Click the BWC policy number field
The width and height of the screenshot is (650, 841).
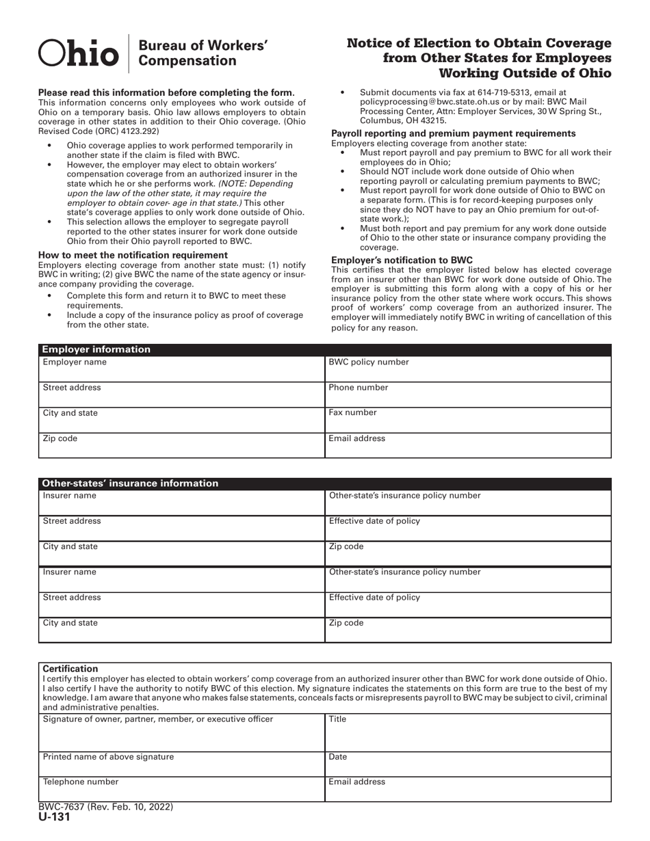tap(468, 369)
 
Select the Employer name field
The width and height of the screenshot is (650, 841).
tap(181, 369)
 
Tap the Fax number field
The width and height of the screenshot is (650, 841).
tap(468, 420)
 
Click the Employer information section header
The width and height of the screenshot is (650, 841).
tap(96, 349)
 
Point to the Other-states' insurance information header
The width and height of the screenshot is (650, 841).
tap(131, 483)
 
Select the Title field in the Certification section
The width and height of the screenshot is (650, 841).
tap(468, 732)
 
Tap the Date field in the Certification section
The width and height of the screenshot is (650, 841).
tap(468, 764)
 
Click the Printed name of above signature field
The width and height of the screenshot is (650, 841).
tap(181, 764)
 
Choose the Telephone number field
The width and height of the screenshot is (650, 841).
tap(181, 788)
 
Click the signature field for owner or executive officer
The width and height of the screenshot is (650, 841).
tap(181, 732)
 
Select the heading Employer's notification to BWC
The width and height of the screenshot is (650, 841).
tap(402, 261)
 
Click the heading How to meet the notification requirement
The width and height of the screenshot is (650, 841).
tap(133, 255)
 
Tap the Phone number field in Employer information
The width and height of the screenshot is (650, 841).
tap(468, 395)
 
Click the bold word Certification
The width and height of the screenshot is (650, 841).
tap(70, 669)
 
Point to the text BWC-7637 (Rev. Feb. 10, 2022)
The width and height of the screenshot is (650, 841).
tap(105, 807)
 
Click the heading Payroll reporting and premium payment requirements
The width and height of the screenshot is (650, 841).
tap(453, 133)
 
